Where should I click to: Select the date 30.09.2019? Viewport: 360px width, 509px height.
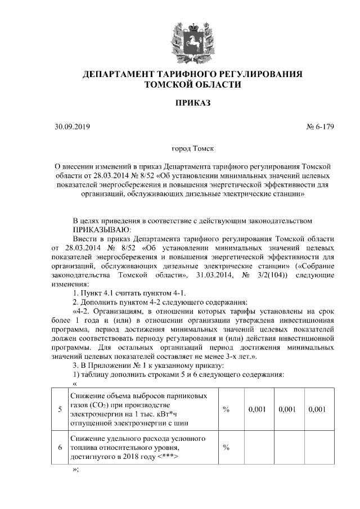68,127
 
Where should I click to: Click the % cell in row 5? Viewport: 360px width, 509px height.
226,409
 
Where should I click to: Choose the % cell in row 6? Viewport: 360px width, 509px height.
226,447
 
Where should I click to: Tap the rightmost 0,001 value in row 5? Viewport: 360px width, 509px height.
317,409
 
